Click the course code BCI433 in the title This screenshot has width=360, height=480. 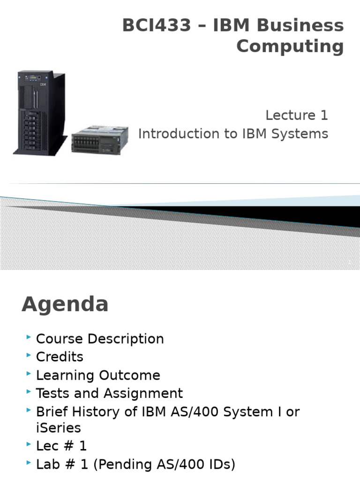(157, 25)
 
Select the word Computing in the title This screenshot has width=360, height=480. (290, 47)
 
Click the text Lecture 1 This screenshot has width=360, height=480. (297, 115)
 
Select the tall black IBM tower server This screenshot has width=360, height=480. (40, 112)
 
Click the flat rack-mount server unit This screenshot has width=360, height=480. (100, 140)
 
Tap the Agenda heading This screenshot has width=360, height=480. (65, 305)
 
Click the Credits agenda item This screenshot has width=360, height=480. (60, 357)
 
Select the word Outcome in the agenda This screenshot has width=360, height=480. (129, 375)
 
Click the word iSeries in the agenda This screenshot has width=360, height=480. (59, 428)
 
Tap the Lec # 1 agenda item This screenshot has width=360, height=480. (61, 446)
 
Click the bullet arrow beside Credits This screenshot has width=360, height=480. (29, 355)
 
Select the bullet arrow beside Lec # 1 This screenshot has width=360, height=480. (29, 444)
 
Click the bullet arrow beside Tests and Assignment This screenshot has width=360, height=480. (29, 391)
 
